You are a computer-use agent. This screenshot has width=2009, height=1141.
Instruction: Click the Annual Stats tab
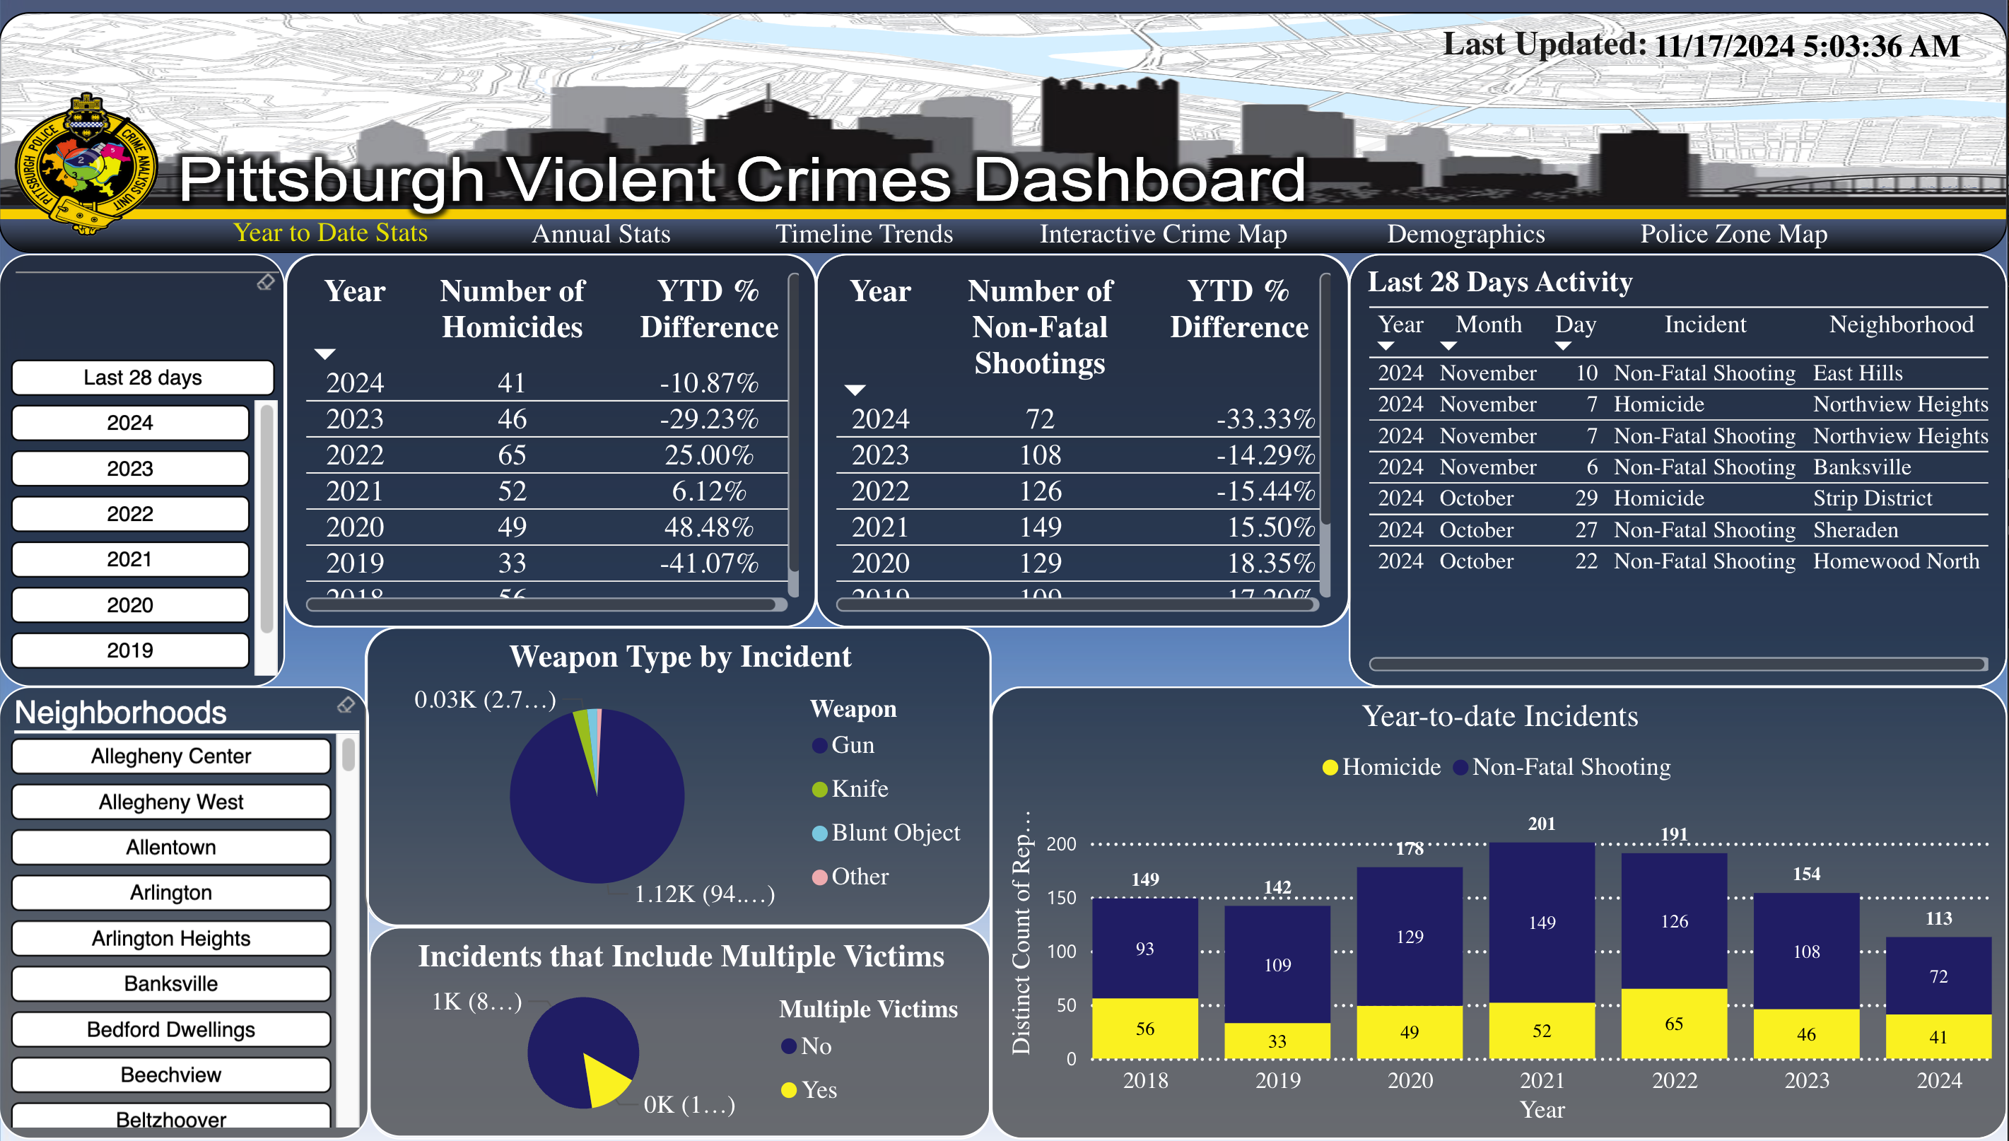[x=601, y=233]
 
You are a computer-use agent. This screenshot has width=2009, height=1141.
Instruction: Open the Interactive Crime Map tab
[x=1163, y=233]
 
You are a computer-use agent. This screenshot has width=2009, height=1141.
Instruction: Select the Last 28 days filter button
[x=143, y=378]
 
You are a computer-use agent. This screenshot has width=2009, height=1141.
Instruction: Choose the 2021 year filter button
[x=130, y=559]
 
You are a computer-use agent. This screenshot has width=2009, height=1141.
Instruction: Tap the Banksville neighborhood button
[x=171, y=983]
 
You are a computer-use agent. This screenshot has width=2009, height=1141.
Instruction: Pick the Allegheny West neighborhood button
[x=171, y=802]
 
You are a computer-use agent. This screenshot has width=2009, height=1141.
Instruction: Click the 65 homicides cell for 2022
[x=512, y=455]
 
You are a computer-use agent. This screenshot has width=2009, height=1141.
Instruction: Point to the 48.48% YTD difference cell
[x=708, y=527]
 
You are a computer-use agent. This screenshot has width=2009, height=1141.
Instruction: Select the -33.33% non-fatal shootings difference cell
[x=1265, y=419]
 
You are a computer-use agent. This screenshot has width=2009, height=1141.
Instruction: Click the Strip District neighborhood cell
[x=1872, y=498]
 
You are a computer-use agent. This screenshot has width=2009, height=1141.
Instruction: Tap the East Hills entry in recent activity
[x=1857, y=373]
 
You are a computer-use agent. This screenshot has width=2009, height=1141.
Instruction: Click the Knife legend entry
[x=859, y=788]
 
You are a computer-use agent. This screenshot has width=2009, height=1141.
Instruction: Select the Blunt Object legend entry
[x=895, y=832]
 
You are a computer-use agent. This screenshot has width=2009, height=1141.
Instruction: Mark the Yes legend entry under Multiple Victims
[x=818, y=1090]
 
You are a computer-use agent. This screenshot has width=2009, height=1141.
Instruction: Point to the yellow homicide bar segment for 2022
[x=1674, y=1024]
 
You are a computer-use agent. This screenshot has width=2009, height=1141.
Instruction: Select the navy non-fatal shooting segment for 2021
[x=1541, y=923]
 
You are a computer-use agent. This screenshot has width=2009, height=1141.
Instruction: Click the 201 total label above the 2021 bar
[x=1541, y=824]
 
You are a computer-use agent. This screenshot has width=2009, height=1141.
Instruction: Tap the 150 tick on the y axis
[x=1062, y=898]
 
